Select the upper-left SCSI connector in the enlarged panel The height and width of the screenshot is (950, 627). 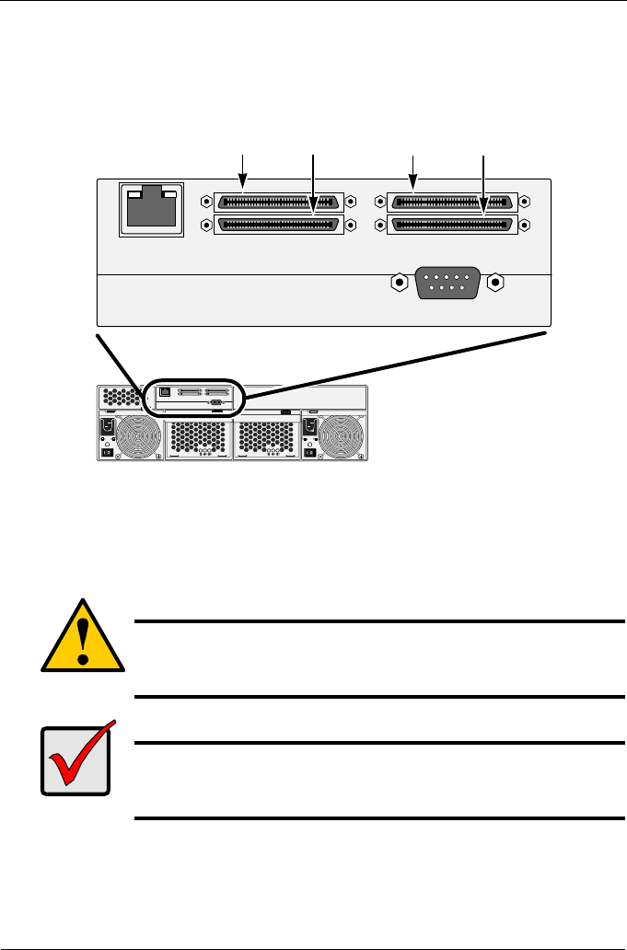(x=278, y=202)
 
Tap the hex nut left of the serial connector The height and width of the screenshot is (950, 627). (x=398, y=282)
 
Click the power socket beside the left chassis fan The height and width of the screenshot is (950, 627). (x=106, y=428)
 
